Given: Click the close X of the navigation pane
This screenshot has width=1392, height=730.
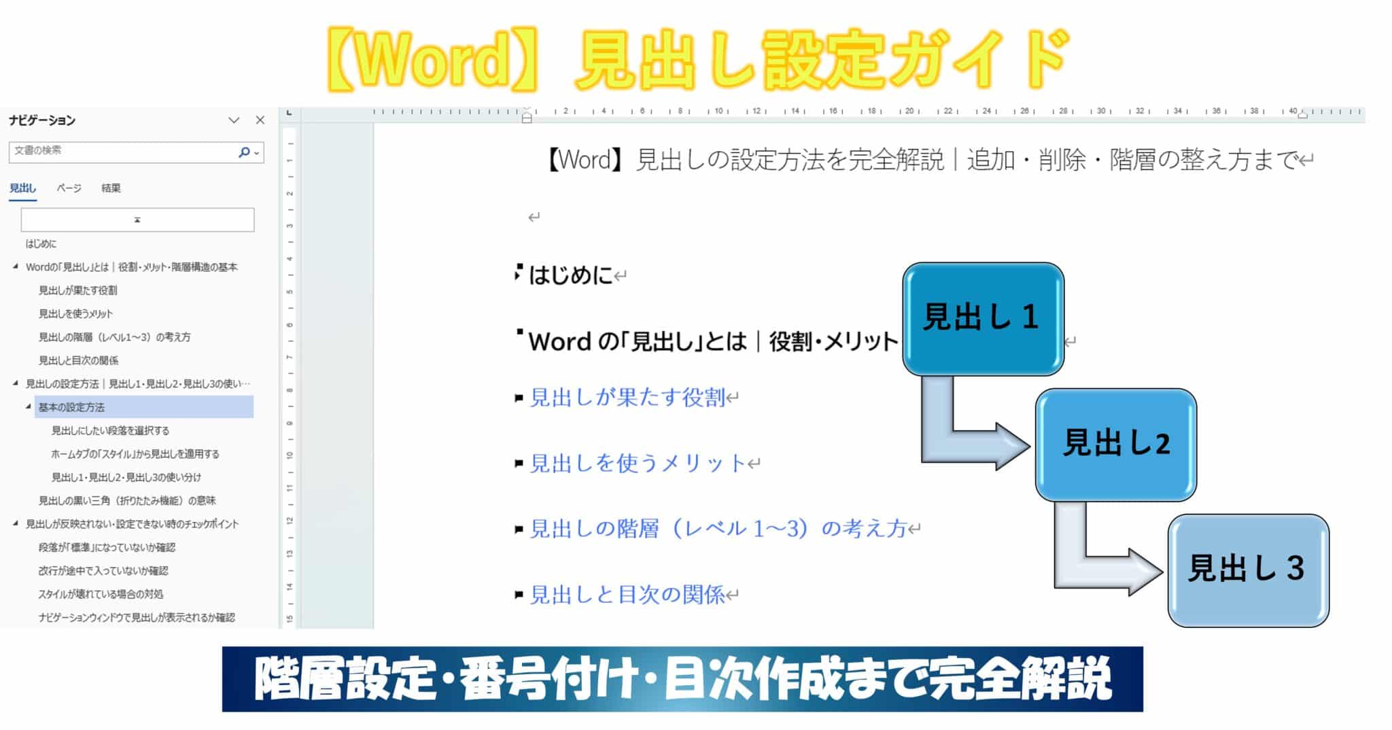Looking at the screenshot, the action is pyautogui.click(x=260, y=120).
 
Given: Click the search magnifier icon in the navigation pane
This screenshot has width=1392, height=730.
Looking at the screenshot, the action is pyautogui.click(x=244, y=152).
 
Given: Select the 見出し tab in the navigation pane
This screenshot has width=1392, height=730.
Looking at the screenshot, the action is pyautogui.click(x=23, y=188).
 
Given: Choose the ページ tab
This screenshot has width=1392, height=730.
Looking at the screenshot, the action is pyautogui.click(x=69, y=188).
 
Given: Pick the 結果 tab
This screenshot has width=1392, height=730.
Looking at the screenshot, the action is pyautogui.click(x=111, y=188).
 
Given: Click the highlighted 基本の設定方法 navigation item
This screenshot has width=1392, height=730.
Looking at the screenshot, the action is pyautogui.click(x=71, y=407).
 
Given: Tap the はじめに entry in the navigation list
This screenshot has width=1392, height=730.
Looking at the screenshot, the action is pyautogui.click(x=41, y=243).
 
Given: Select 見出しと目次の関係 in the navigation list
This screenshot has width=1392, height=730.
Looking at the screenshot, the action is pyautogui.click(x=78, y=360).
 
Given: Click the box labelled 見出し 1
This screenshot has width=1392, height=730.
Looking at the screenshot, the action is pyautogui.click(x=983, y=319).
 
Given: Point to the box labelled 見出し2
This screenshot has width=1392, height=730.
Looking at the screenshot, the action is pyautogui.click(x=1115, y=445).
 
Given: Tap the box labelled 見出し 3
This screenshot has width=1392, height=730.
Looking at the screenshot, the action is pyautogui.click(x=1248, y=570).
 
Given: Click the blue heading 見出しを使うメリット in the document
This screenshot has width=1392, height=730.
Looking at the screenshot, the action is pyautogui.click(x=638, y=464).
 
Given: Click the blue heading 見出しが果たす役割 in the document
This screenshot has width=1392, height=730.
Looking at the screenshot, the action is pyautogui.click(x=627, y=398).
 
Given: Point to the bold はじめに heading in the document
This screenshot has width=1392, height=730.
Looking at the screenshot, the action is pyautogui.click(x=571, y=275).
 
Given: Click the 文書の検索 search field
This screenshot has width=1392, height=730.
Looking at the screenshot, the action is pyautogui.click(x=122, y=152).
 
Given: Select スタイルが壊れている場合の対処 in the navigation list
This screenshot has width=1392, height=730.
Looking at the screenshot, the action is pyautogui.click(x=101, y=594).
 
